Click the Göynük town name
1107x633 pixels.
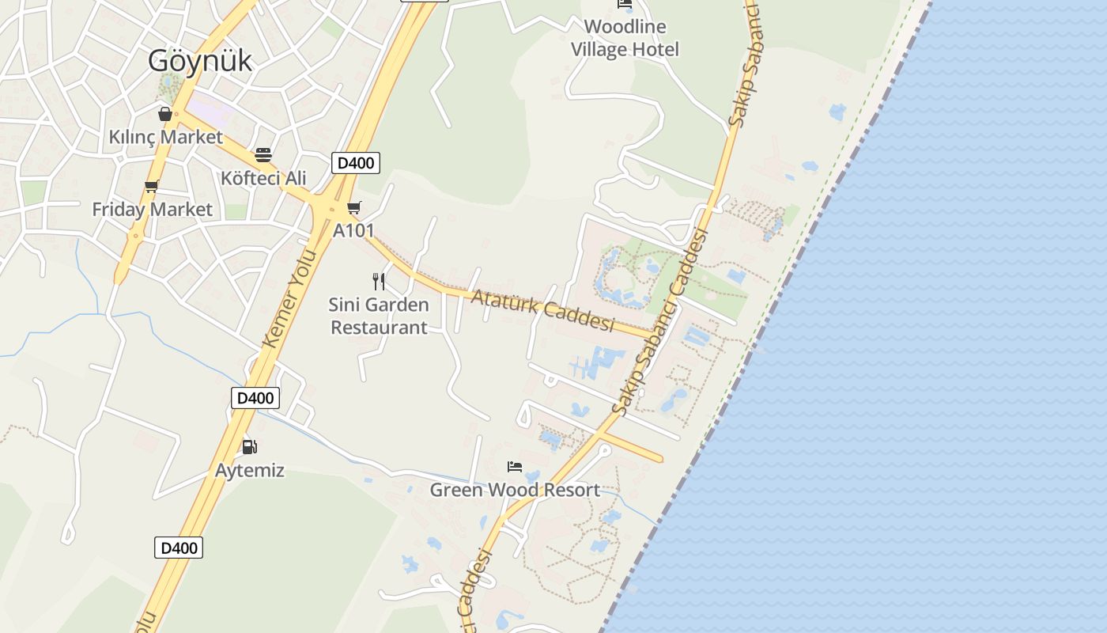click(200, 60)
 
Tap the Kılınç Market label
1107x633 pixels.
click(166, 137)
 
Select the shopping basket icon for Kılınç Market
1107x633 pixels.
click(165, 114)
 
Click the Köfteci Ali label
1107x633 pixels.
click(263, 177)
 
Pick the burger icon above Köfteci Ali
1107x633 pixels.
click(263, 154)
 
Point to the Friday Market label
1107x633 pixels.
click(152, 209)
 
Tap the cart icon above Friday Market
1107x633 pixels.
click(151, 187)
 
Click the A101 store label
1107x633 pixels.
click(353, 230)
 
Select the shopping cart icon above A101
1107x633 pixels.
click(354, 208)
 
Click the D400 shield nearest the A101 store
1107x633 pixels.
click(355, 163)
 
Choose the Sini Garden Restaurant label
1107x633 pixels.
click(379, 316)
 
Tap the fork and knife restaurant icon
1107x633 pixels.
click(379, 281)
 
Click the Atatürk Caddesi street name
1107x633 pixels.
click(543, 310)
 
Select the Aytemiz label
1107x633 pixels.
click(250, 470)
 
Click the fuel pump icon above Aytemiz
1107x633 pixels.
click(250, 447)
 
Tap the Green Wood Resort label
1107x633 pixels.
click(515, 490)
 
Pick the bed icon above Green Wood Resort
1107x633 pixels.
click(515, 467)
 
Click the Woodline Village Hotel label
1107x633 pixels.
click(625, 38)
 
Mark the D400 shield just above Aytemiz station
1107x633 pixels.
click(255, 397)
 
